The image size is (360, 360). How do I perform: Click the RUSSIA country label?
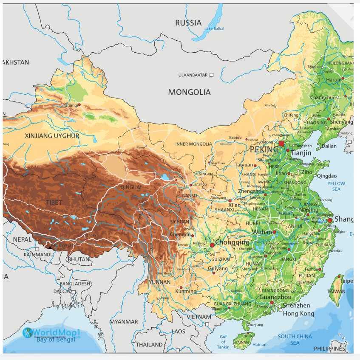pos(188,22)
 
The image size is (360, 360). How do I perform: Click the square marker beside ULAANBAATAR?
pos(212,75)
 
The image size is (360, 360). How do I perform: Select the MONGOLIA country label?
pos(189,92)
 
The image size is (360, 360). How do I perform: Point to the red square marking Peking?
pos(281,143)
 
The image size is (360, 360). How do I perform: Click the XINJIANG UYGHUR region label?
pos(52,136)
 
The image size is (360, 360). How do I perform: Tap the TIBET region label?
pos(54,202)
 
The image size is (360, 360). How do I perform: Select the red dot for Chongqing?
pos(212,245)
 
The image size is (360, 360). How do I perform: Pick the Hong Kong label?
pos(298,314)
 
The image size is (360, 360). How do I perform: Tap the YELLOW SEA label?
pos(336,186)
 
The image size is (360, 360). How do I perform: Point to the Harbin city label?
pos(334,79)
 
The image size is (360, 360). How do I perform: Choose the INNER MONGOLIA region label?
pos(193,144)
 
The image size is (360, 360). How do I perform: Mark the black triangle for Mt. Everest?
pos(50,246)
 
